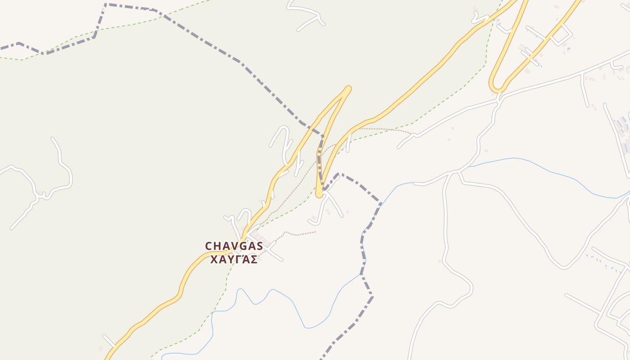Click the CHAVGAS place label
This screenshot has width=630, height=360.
click(234, 246)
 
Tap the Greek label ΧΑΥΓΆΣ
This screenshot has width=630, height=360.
click(234, 260)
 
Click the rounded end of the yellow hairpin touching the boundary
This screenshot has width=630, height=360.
click(319, 194)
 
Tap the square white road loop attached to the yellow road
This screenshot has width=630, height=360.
click(561, 34)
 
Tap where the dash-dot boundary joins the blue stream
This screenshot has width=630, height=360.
click(379, 205)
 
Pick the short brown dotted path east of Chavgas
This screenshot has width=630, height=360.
click(299, 234)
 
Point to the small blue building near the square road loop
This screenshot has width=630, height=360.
click(569, 49)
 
